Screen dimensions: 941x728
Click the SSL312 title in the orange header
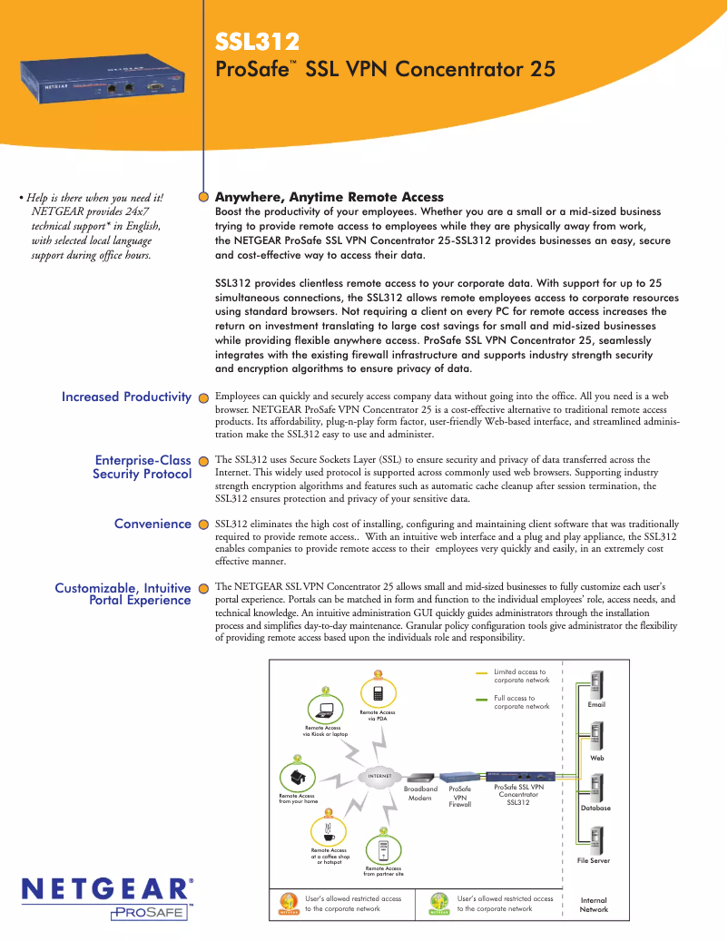coord(257,42)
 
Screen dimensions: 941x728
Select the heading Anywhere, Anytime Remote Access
coord(329,197)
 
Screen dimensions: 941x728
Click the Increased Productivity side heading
coord(126,397)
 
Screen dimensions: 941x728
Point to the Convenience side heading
coord(152,524)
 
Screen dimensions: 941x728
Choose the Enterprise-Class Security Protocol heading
coord(143,467)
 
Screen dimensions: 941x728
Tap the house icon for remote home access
coord(296,777)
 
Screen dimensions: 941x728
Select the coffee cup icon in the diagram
coord(328,830)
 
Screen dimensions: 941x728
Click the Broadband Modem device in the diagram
coord(419,778)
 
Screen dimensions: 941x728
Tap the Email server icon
coord(596,684)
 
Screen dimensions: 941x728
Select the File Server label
coord(594,860)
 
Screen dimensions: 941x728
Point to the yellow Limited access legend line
coord(482,675)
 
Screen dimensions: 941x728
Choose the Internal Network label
coord(594,905)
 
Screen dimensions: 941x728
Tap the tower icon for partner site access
coord(383,849)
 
